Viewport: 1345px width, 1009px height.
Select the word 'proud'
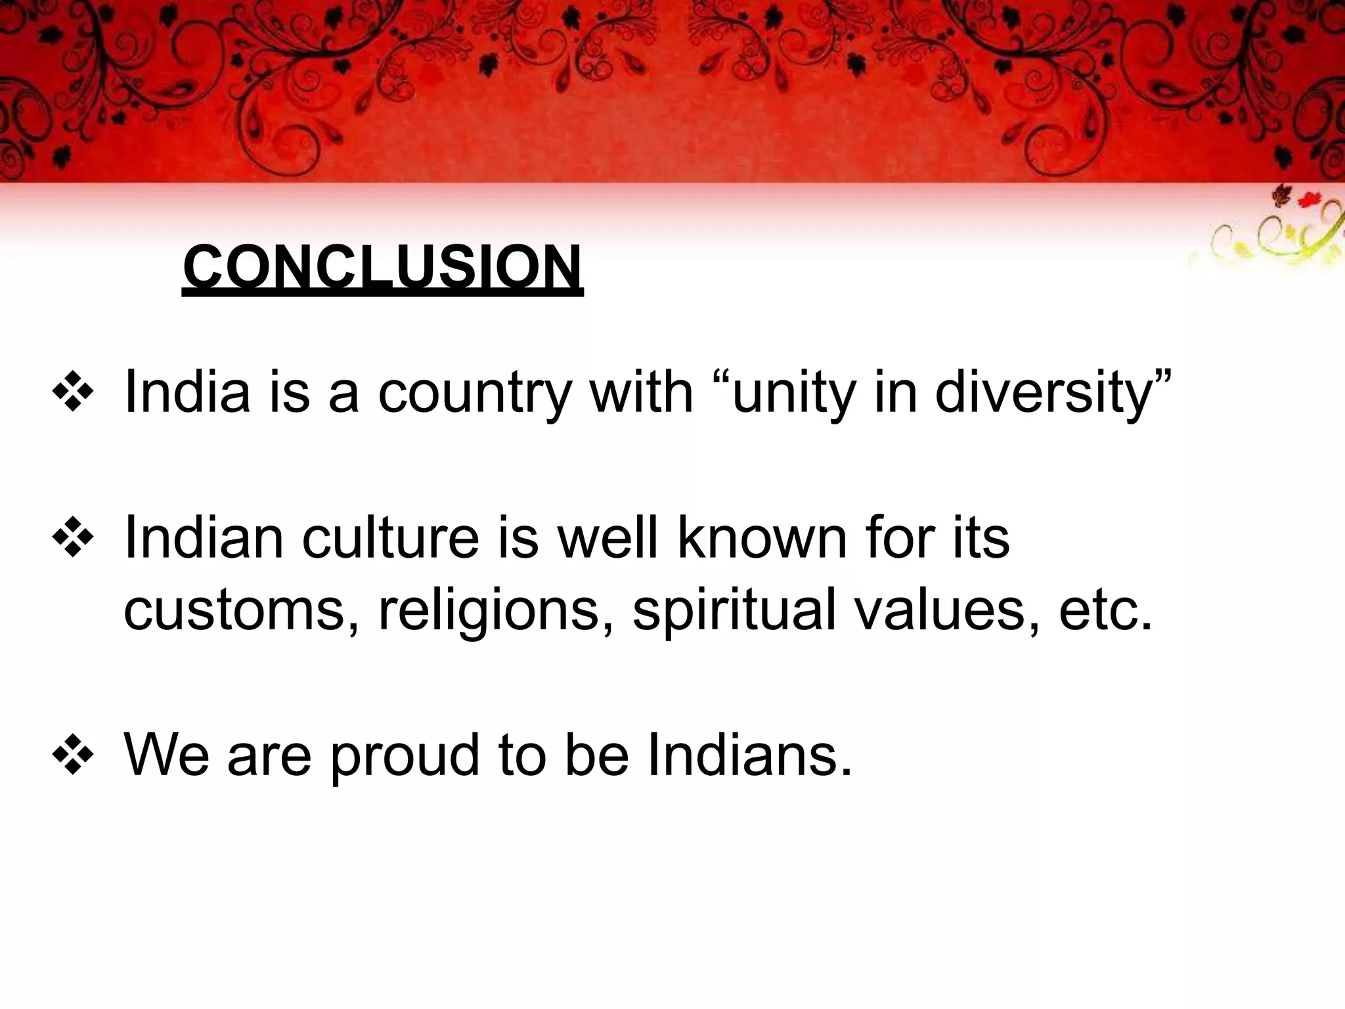pyautogui.click(x=405, y=756)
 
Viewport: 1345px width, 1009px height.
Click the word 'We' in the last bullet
pyautogui.click(x=167, y=756)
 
